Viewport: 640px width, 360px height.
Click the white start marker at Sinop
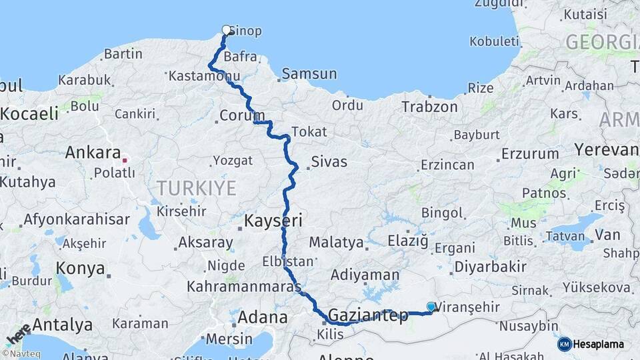tap(226, 29)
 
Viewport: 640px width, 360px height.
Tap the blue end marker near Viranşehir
tap(431, 307)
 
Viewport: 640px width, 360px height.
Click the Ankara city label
tap(93, 153)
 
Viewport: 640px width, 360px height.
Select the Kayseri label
tap(273, 220)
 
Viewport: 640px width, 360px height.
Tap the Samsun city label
tap(309, 74)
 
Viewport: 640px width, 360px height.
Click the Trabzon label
tap(429, 107)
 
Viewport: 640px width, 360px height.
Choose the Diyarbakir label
tap(490, 267)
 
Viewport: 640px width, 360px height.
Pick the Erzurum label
tap(530, 153)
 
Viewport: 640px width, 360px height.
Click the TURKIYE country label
tap(197, 188)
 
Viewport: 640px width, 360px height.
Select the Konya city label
tap(81, 269)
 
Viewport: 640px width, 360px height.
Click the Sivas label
tap(329, 162)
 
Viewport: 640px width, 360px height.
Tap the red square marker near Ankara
tap(125, 160)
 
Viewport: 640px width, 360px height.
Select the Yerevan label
tap(607, 149)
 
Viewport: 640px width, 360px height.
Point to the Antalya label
tap(62, 325)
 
